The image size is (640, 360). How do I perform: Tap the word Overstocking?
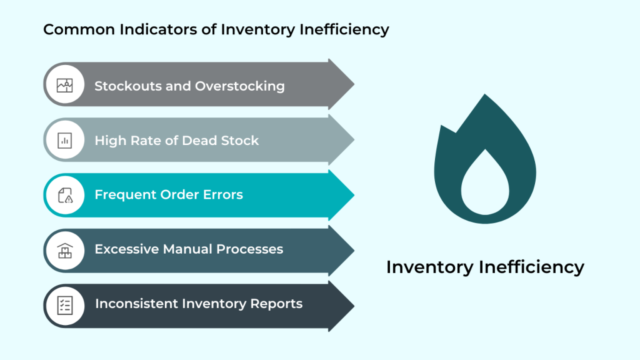click(240, 86)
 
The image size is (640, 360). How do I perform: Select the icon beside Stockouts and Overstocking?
click(65, 86)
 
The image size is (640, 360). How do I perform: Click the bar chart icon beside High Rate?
click(65, 141)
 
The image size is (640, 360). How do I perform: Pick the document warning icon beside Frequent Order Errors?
click(65, 195)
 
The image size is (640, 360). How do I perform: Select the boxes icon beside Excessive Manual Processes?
click(65, 250)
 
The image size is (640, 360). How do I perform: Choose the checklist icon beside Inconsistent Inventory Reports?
click(65, 304)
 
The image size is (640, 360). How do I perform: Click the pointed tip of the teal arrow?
click(353, 195)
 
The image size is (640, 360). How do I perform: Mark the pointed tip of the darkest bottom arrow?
click(353, 305)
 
